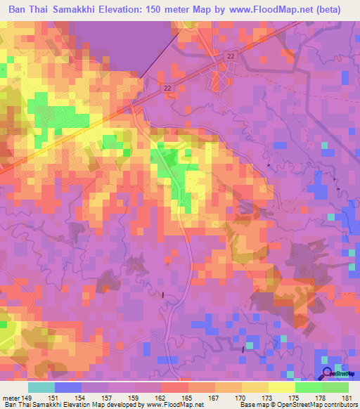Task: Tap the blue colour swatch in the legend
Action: [67, 387]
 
